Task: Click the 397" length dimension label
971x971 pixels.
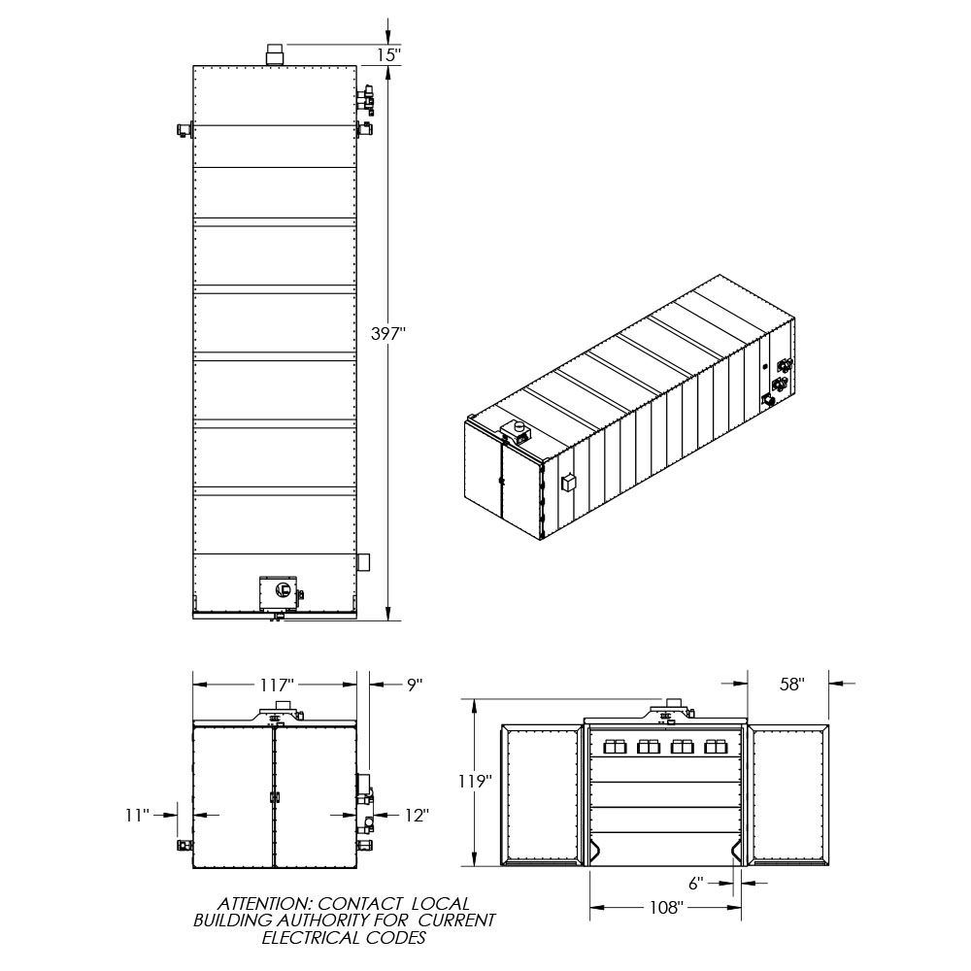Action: [x=387, y=334]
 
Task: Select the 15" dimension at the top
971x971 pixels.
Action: [x=389, y=54]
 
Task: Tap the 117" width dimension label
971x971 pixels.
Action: [x=276, y=685]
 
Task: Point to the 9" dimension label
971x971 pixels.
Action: [x=415, y=685]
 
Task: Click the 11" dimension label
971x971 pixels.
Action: [x=138, y=816]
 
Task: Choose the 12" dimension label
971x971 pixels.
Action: [x=417, y=816]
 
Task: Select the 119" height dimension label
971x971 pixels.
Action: [x=475, y=782]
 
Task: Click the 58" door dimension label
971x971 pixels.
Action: [x=792, y=685]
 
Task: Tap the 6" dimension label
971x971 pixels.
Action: [x=696, y=884]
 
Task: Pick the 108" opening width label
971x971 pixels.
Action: [x=666, y=908]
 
